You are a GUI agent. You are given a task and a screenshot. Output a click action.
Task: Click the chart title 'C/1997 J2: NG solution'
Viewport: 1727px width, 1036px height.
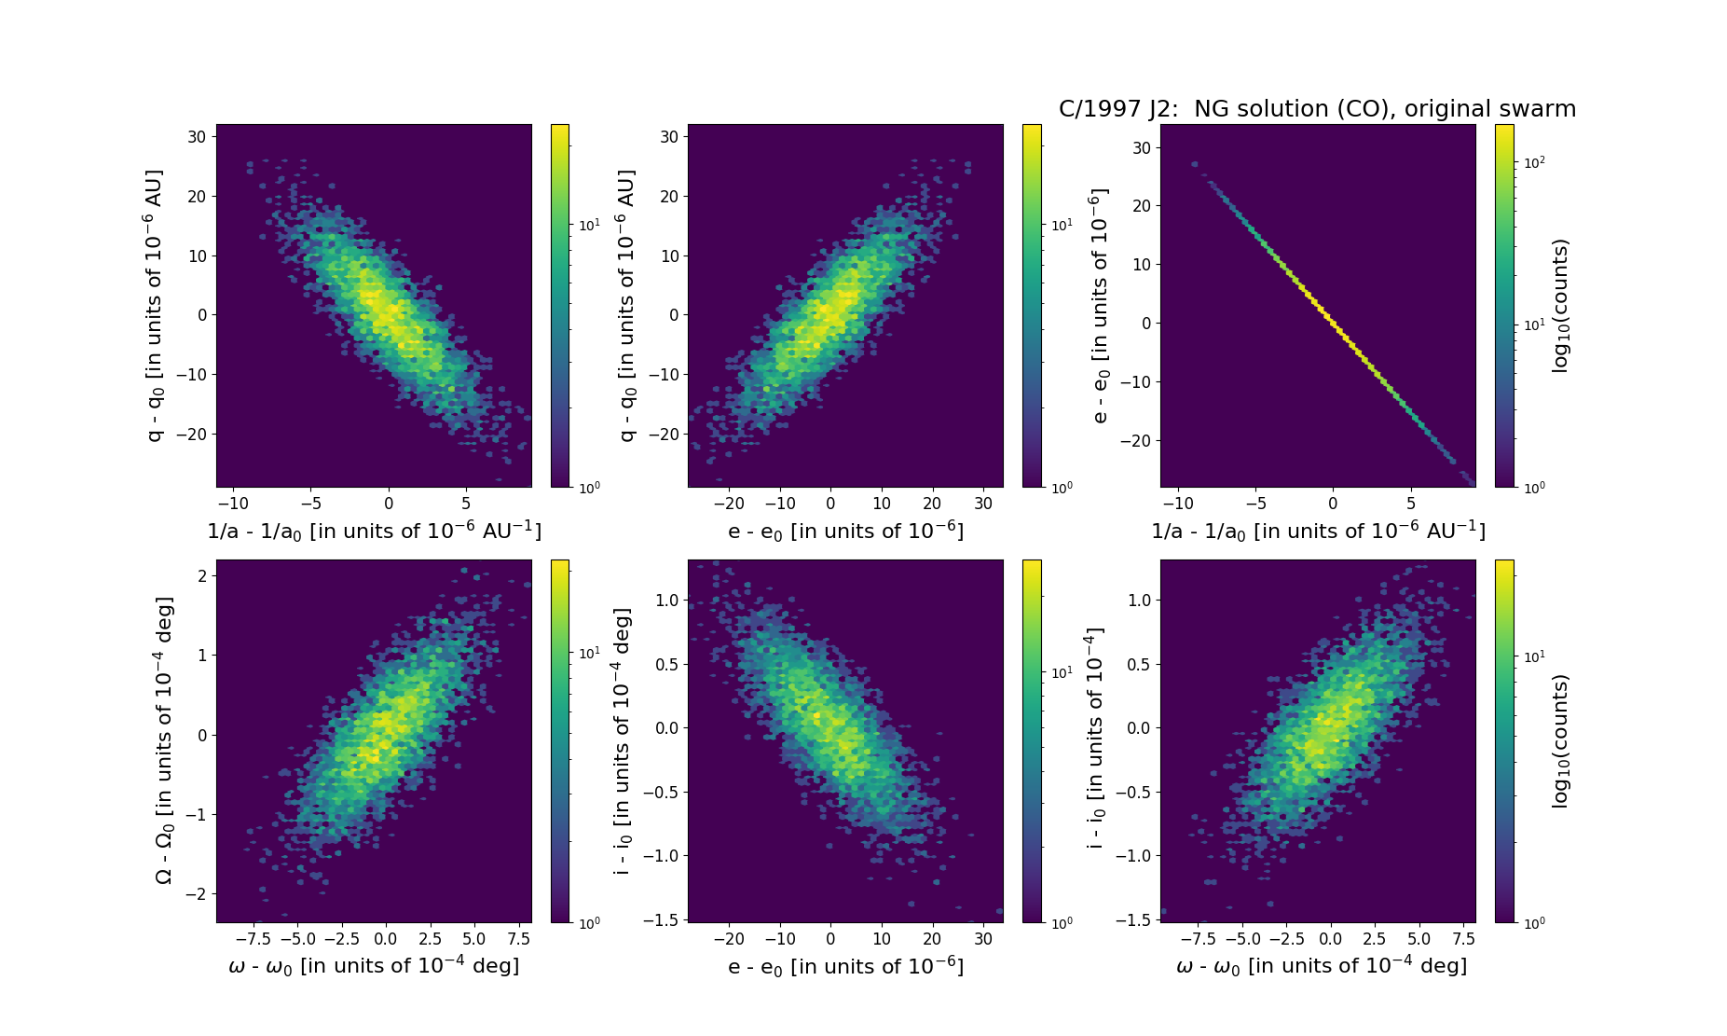coord(1317,109)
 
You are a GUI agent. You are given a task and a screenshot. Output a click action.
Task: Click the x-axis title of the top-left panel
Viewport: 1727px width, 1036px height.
coord(374,531)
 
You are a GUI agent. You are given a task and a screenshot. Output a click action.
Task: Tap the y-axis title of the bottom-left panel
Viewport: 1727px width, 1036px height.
coord(164,740)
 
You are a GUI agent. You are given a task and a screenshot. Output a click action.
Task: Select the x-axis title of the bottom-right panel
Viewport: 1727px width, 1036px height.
coord(1321,966)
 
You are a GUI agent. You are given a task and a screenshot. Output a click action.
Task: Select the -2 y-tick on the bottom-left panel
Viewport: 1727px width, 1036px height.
coord(198,894)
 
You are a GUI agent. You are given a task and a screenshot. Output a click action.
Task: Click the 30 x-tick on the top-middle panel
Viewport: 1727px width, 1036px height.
coord(983,504)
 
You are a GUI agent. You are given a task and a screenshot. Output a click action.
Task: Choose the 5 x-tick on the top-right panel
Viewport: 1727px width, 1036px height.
coord(1411,504)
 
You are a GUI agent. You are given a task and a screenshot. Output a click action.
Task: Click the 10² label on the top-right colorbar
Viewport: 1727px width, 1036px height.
coord(1534,162)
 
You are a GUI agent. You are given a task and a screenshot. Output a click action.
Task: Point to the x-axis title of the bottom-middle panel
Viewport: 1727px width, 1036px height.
coord(845,966)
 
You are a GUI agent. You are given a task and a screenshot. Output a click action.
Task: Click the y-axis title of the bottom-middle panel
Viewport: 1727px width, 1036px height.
coord(623,740)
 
